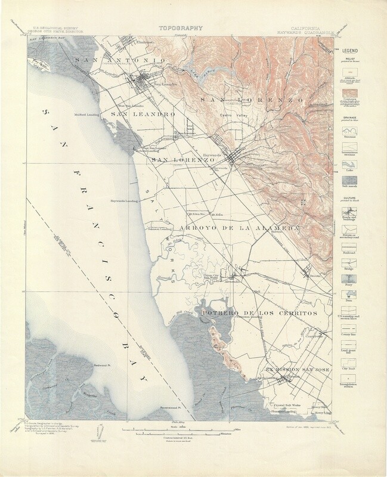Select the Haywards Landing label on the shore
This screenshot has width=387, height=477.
[123, 200]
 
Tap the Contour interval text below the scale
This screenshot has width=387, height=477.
[181, 437]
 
